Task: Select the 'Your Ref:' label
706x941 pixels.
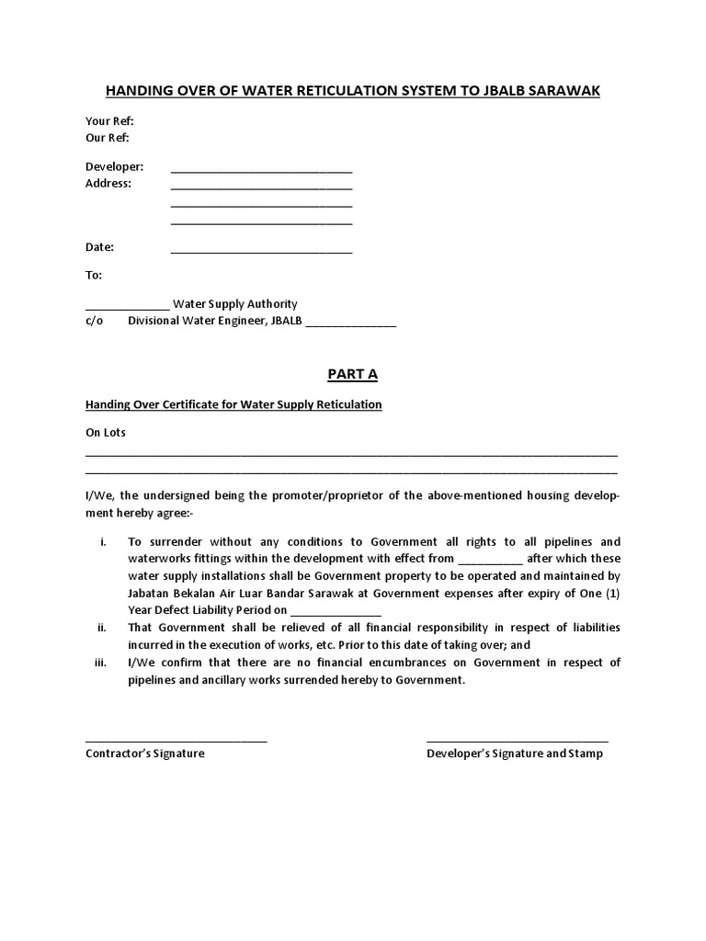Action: tap(110, 121)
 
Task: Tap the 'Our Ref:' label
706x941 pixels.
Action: tap(108, 138)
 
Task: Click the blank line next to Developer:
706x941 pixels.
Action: tap(261, 170)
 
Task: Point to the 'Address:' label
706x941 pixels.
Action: tap(108, 183)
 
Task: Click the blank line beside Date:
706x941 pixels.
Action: tap(261, 251)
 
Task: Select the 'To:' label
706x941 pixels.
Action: tap(94, 275)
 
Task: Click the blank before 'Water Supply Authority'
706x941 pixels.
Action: tap(127, 308)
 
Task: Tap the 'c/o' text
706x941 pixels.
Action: tap(94, 321)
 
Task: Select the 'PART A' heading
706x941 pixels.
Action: tap(353, 374)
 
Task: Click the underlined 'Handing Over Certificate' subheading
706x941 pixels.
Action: tap(233, 404)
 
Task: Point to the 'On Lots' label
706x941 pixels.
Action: tap(106, 432)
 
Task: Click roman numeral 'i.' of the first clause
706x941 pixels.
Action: tap(103, 541)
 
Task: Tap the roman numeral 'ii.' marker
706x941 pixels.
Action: tap(102, 628)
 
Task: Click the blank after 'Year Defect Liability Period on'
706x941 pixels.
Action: tap(336, 614)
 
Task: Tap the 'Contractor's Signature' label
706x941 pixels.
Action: tap(145, 754)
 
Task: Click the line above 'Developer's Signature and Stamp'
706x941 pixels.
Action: tap(517, 741)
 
